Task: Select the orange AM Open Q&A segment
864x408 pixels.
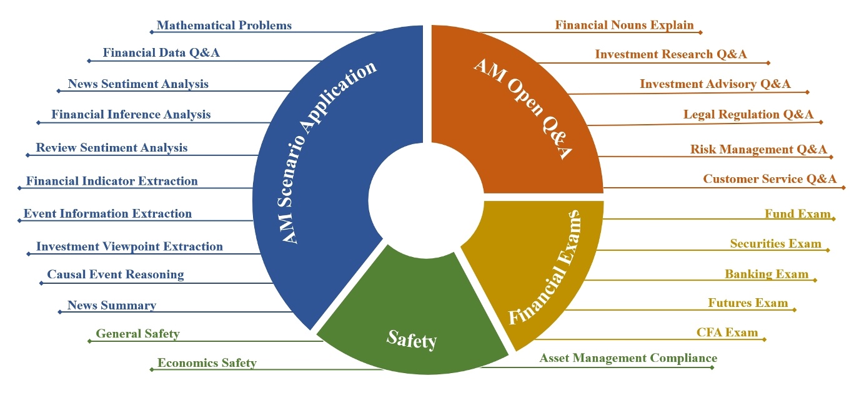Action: point(519,112)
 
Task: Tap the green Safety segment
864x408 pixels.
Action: point(411,324)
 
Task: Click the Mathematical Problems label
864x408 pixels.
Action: point(224,26)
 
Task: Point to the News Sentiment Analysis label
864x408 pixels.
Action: point(138,84)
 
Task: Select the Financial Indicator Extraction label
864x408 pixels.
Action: point(112,182)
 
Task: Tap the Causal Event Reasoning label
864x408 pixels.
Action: point(116,274)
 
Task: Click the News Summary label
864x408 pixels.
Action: point(112,306)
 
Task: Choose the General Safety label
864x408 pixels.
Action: point(137,334)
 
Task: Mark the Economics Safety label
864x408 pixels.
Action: point(207,363)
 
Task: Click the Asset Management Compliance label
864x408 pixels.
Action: point(628,358)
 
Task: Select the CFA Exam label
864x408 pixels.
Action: point(727,333)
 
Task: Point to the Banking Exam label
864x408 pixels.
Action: point(767,274)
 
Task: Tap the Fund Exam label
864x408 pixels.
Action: point(798,213)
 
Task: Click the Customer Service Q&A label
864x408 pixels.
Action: point(770,179)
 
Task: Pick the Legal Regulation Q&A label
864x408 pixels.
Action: point(748,114)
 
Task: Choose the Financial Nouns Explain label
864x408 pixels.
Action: point(624,26)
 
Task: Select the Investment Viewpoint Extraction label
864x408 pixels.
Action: point(129,246)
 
